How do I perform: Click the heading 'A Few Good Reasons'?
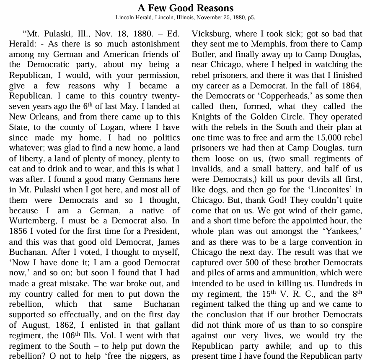(x=185, y=8)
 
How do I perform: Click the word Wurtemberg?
(x=34, y=220)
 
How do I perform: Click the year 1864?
(x=352, y=85)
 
